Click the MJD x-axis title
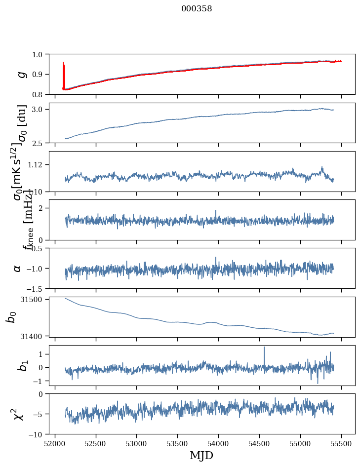[x=201, y=455]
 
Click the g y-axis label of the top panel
[x=20, y=74]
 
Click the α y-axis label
[x=18, y=268]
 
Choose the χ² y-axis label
[x=18, y=414]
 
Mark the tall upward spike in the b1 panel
[x=264, y=348]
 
